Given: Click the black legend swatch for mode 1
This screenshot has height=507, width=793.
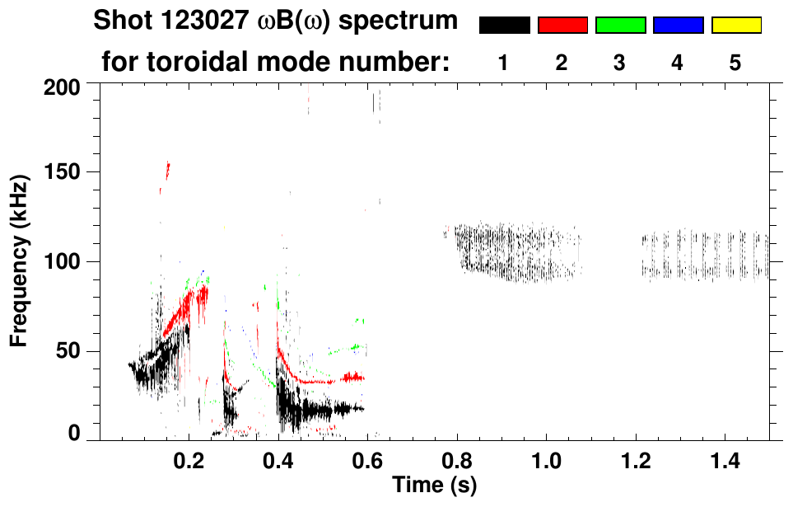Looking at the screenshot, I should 504,26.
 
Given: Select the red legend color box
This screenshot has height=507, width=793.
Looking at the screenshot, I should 562,26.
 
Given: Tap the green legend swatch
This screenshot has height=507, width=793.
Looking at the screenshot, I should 620,26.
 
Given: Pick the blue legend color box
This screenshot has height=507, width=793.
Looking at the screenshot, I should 678,26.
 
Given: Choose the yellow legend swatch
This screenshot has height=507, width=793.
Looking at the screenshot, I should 735,26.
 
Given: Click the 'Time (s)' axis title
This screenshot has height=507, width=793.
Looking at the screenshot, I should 434,486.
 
